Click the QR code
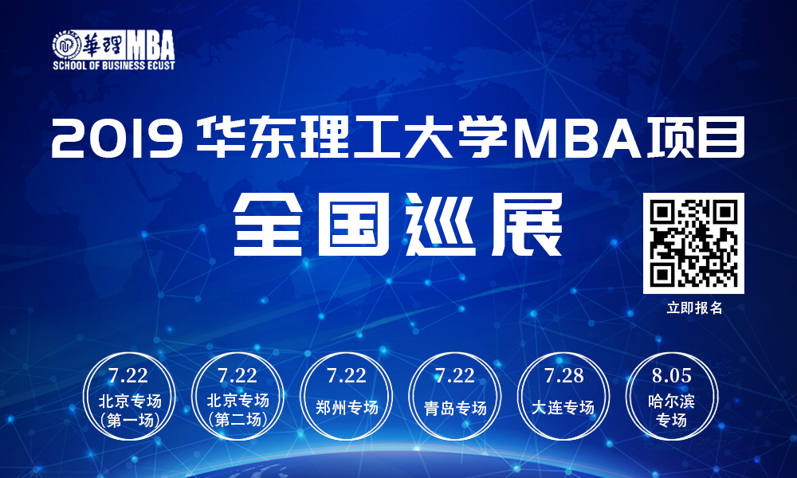[x=693, y=243]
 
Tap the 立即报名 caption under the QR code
[x=694, y=308]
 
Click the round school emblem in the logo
[x=67, y=45]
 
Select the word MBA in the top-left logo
[x=151, y=45]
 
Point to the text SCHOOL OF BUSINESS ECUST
[x=114, y=65]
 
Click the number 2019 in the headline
[x=117, y=138]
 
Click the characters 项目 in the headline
[x=695, y=137]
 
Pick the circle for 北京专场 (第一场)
[x=130, y=397]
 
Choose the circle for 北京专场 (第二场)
[x=238, y=397]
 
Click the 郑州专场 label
[x=347, y=407]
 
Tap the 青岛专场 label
[x=455, y=408]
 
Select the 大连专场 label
[x=563, y=407]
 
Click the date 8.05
[x=671, y=376]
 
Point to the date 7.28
[x=563, y=376]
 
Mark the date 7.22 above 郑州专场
[x=347, y=376]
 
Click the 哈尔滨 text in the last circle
[x=671, y=402]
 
